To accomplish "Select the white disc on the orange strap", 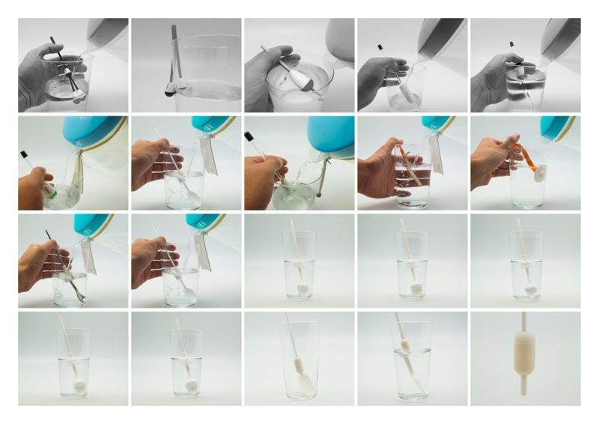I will point(538,175).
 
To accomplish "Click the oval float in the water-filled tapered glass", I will point(404,346).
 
